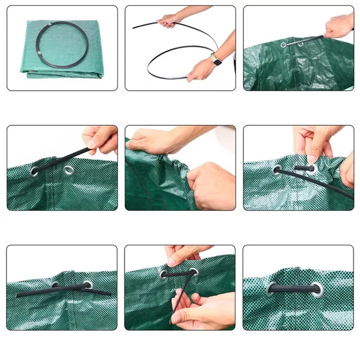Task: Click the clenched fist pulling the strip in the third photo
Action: (339, 25)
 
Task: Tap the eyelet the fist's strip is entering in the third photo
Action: (284, 45)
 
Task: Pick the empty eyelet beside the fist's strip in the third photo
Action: (300, 44)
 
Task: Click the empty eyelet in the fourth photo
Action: (69, 169)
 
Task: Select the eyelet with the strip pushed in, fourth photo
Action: (35, 170)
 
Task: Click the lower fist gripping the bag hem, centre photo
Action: (211, 185)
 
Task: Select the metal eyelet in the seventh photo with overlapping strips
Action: (87, 285)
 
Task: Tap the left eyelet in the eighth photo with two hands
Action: (164, 275)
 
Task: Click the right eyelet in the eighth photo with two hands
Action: (194, 272)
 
